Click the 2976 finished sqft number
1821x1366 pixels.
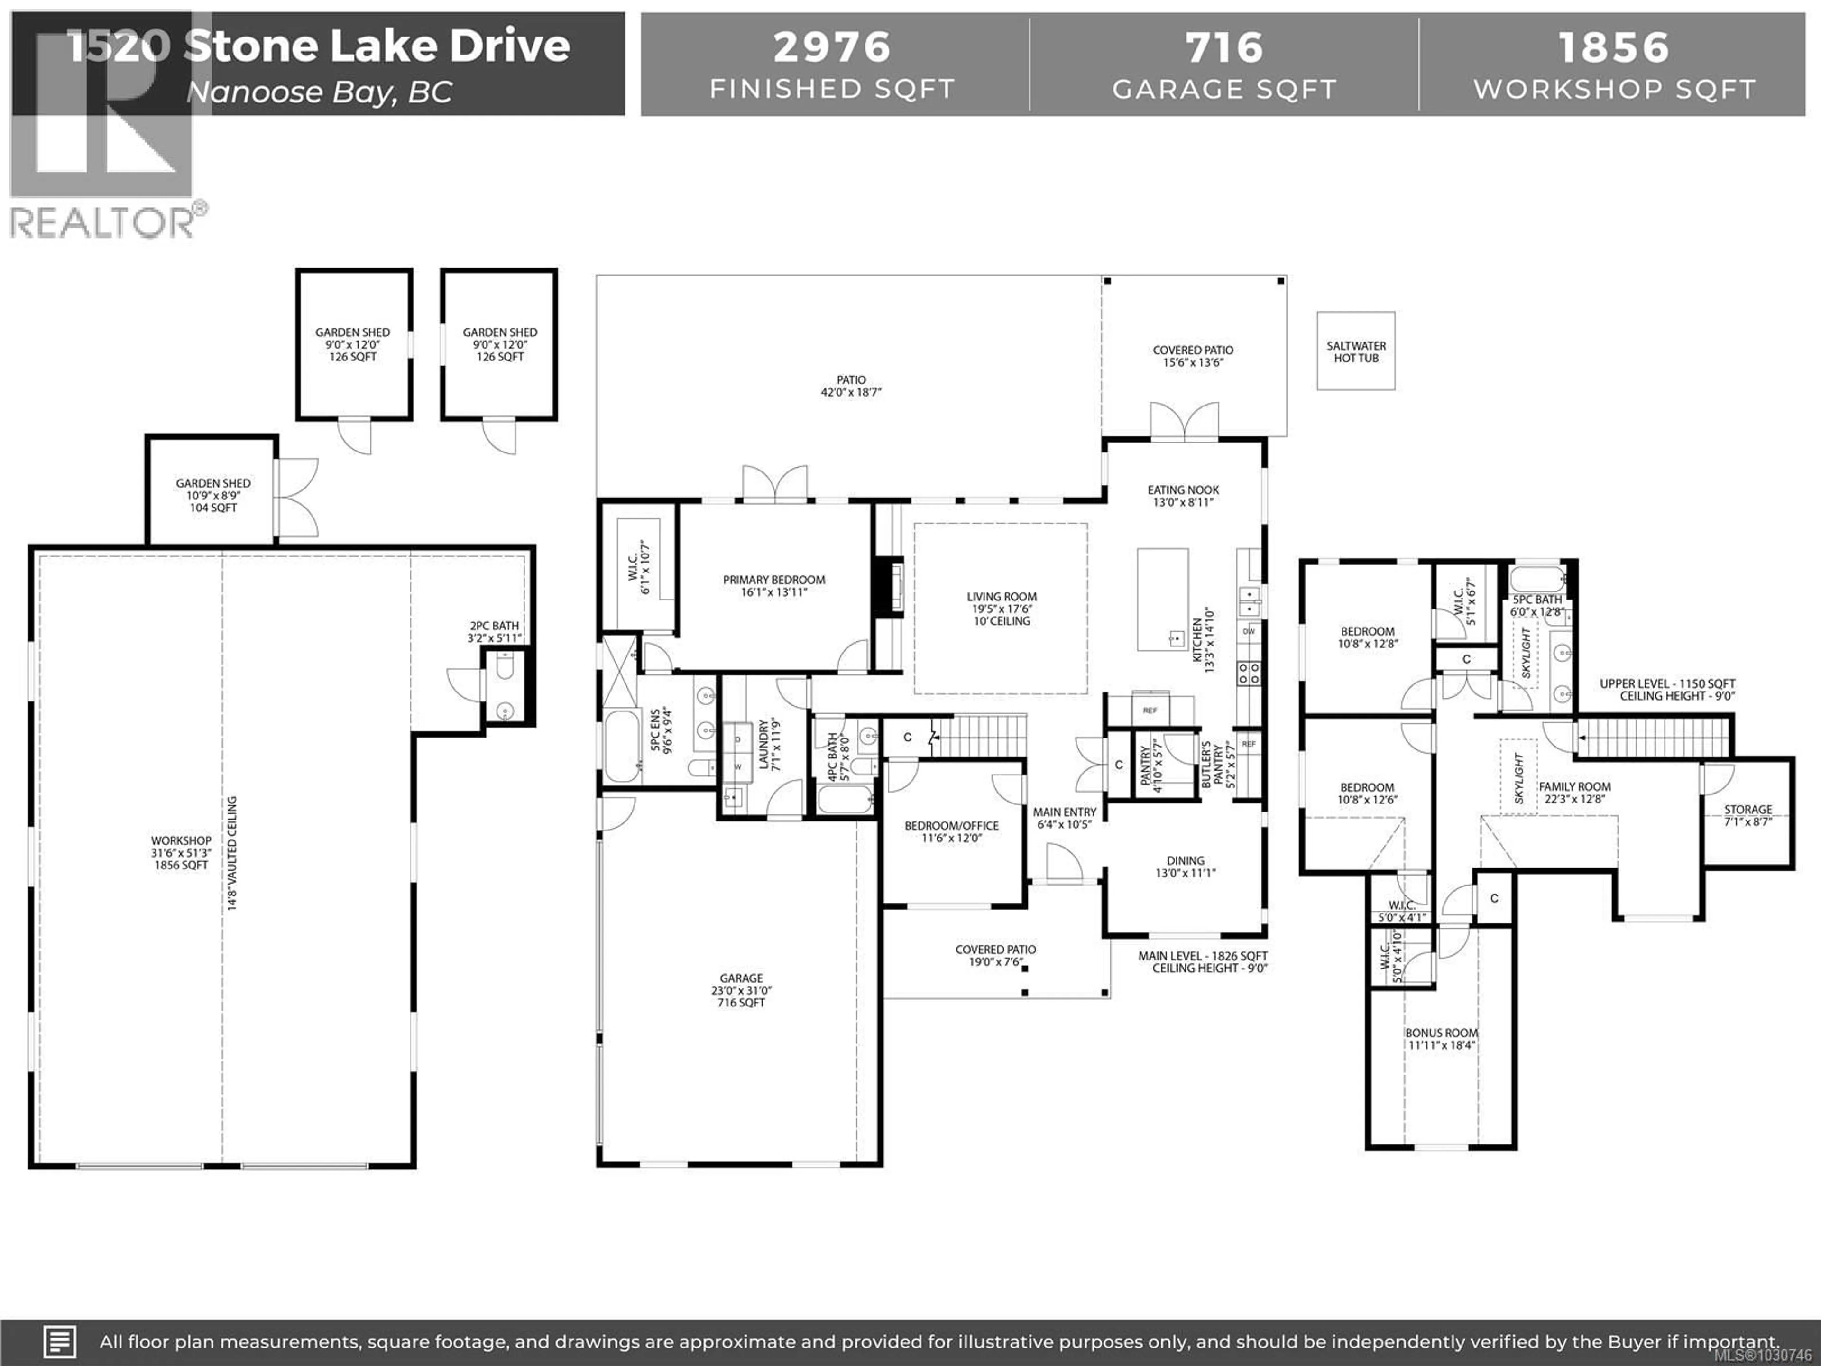[831, 47]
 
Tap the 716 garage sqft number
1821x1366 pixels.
[1224, 47]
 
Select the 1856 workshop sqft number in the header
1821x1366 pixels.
[1614, 47]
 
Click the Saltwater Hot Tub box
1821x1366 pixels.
[1356, 351]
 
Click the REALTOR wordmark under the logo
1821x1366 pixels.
[103, 223]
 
